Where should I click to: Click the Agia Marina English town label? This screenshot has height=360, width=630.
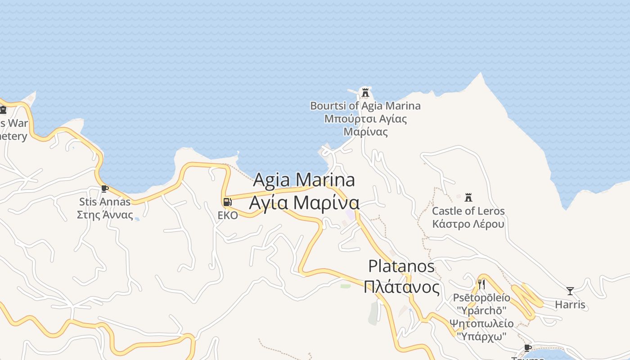pos(304,180)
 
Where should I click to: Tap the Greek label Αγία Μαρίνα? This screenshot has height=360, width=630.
pos(304,202)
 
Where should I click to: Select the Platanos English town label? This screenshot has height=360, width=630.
pos(401,266)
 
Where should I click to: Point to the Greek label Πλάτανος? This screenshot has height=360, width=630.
pos(401,287)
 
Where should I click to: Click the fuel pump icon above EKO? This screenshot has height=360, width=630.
pos(227,202)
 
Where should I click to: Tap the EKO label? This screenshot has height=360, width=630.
pos(228,216)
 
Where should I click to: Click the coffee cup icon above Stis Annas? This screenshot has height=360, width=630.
pos(105,189)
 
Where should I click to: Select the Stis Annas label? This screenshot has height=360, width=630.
pos(105,202)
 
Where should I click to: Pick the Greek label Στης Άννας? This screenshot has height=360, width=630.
pos(105,215)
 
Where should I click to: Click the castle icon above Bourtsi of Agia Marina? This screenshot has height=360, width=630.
pos(365,93)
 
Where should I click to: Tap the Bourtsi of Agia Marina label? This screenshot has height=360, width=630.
pos(365,106)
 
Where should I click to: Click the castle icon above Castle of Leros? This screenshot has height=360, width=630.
pos(468,197)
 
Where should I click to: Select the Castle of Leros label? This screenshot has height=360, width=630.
pos(468,211)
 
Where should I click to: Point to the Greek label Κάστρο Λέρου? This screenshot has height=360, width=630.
pos(468,224)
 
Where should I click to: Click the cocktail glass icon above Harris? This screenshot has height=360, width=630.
pos(570,291)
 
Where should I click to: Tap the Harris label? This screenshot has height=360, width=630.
pos(570,305)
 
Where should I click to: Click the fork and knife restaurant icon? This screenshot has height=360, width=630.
pos(481,284)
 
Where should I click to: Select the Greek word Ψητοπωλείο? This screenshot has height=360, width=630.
pos(481,324)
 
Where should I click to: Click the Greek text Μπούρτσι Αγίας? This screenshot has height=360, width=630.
pos(365,119)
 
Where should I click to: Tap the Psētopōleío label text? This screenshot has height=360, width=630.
pos(481,298)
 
